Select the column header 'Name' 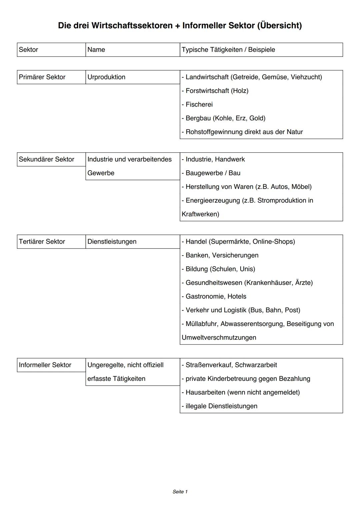(x=96, y=50)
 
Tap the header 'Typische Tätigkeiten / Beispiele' (x=228, y=50)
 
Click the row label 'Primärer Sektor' (x=42, y=77)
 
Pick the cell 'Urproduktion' (x=106, y=77)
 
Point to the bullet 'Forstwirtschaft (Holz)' (x=217, y=91)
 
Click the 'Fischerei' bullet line (x=199, y=104)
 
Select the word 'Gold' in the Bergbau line (x=257, y=118)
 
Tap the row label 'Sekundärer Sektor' (x=46, y=159)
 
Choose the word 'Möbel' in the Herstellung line (x=301, y=187)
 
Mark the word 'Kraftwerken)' (x=200, y=214)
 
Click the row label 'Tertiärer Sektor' (x=42, y=242)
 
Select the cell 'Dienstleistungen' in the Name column (x=112, y=242)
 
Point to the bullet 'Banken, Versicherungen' (x=222, y=255)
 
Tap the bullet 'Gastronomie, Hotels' (x=216, y=296)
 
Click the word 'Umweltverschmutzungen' (x=219, y=337)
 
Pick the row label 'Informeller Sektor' (x=45, y=365)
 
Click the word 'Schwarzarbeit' (x=256, y=365)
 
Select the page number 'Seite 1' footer (x=180, y=492)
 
